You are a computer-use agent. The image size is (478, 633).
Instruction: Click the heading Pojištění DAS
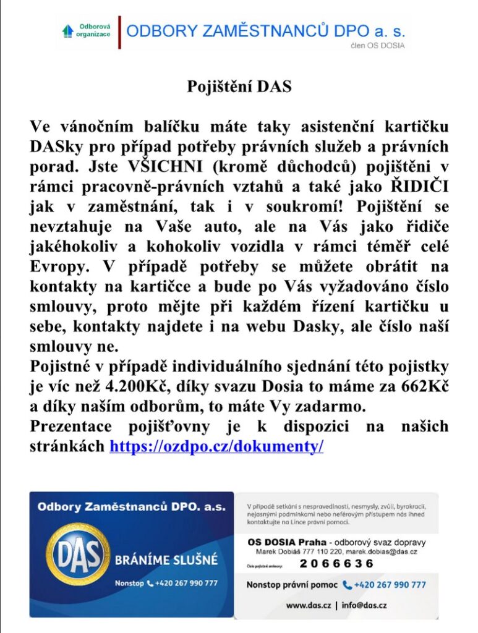239,87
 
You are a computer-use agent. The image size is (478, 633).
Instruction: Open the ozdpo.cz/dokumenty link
216,446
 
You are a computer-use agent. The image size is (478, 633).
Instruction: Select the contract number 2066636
337,563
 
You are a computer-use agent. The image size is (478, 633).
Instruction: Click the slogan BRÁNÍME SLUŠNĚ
166,560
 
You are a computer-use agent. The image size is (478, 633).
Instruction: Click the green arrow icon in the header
68,30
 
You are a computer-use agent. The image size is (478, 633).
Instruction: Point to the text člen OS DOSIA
377,46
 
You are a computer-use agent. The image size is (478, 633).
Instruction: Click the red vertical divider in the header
119,32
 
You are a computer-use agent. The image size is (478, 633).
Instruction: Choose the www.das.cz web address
309,605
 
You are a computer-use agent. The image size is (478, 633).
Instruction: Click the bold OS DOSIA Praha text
282,542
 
